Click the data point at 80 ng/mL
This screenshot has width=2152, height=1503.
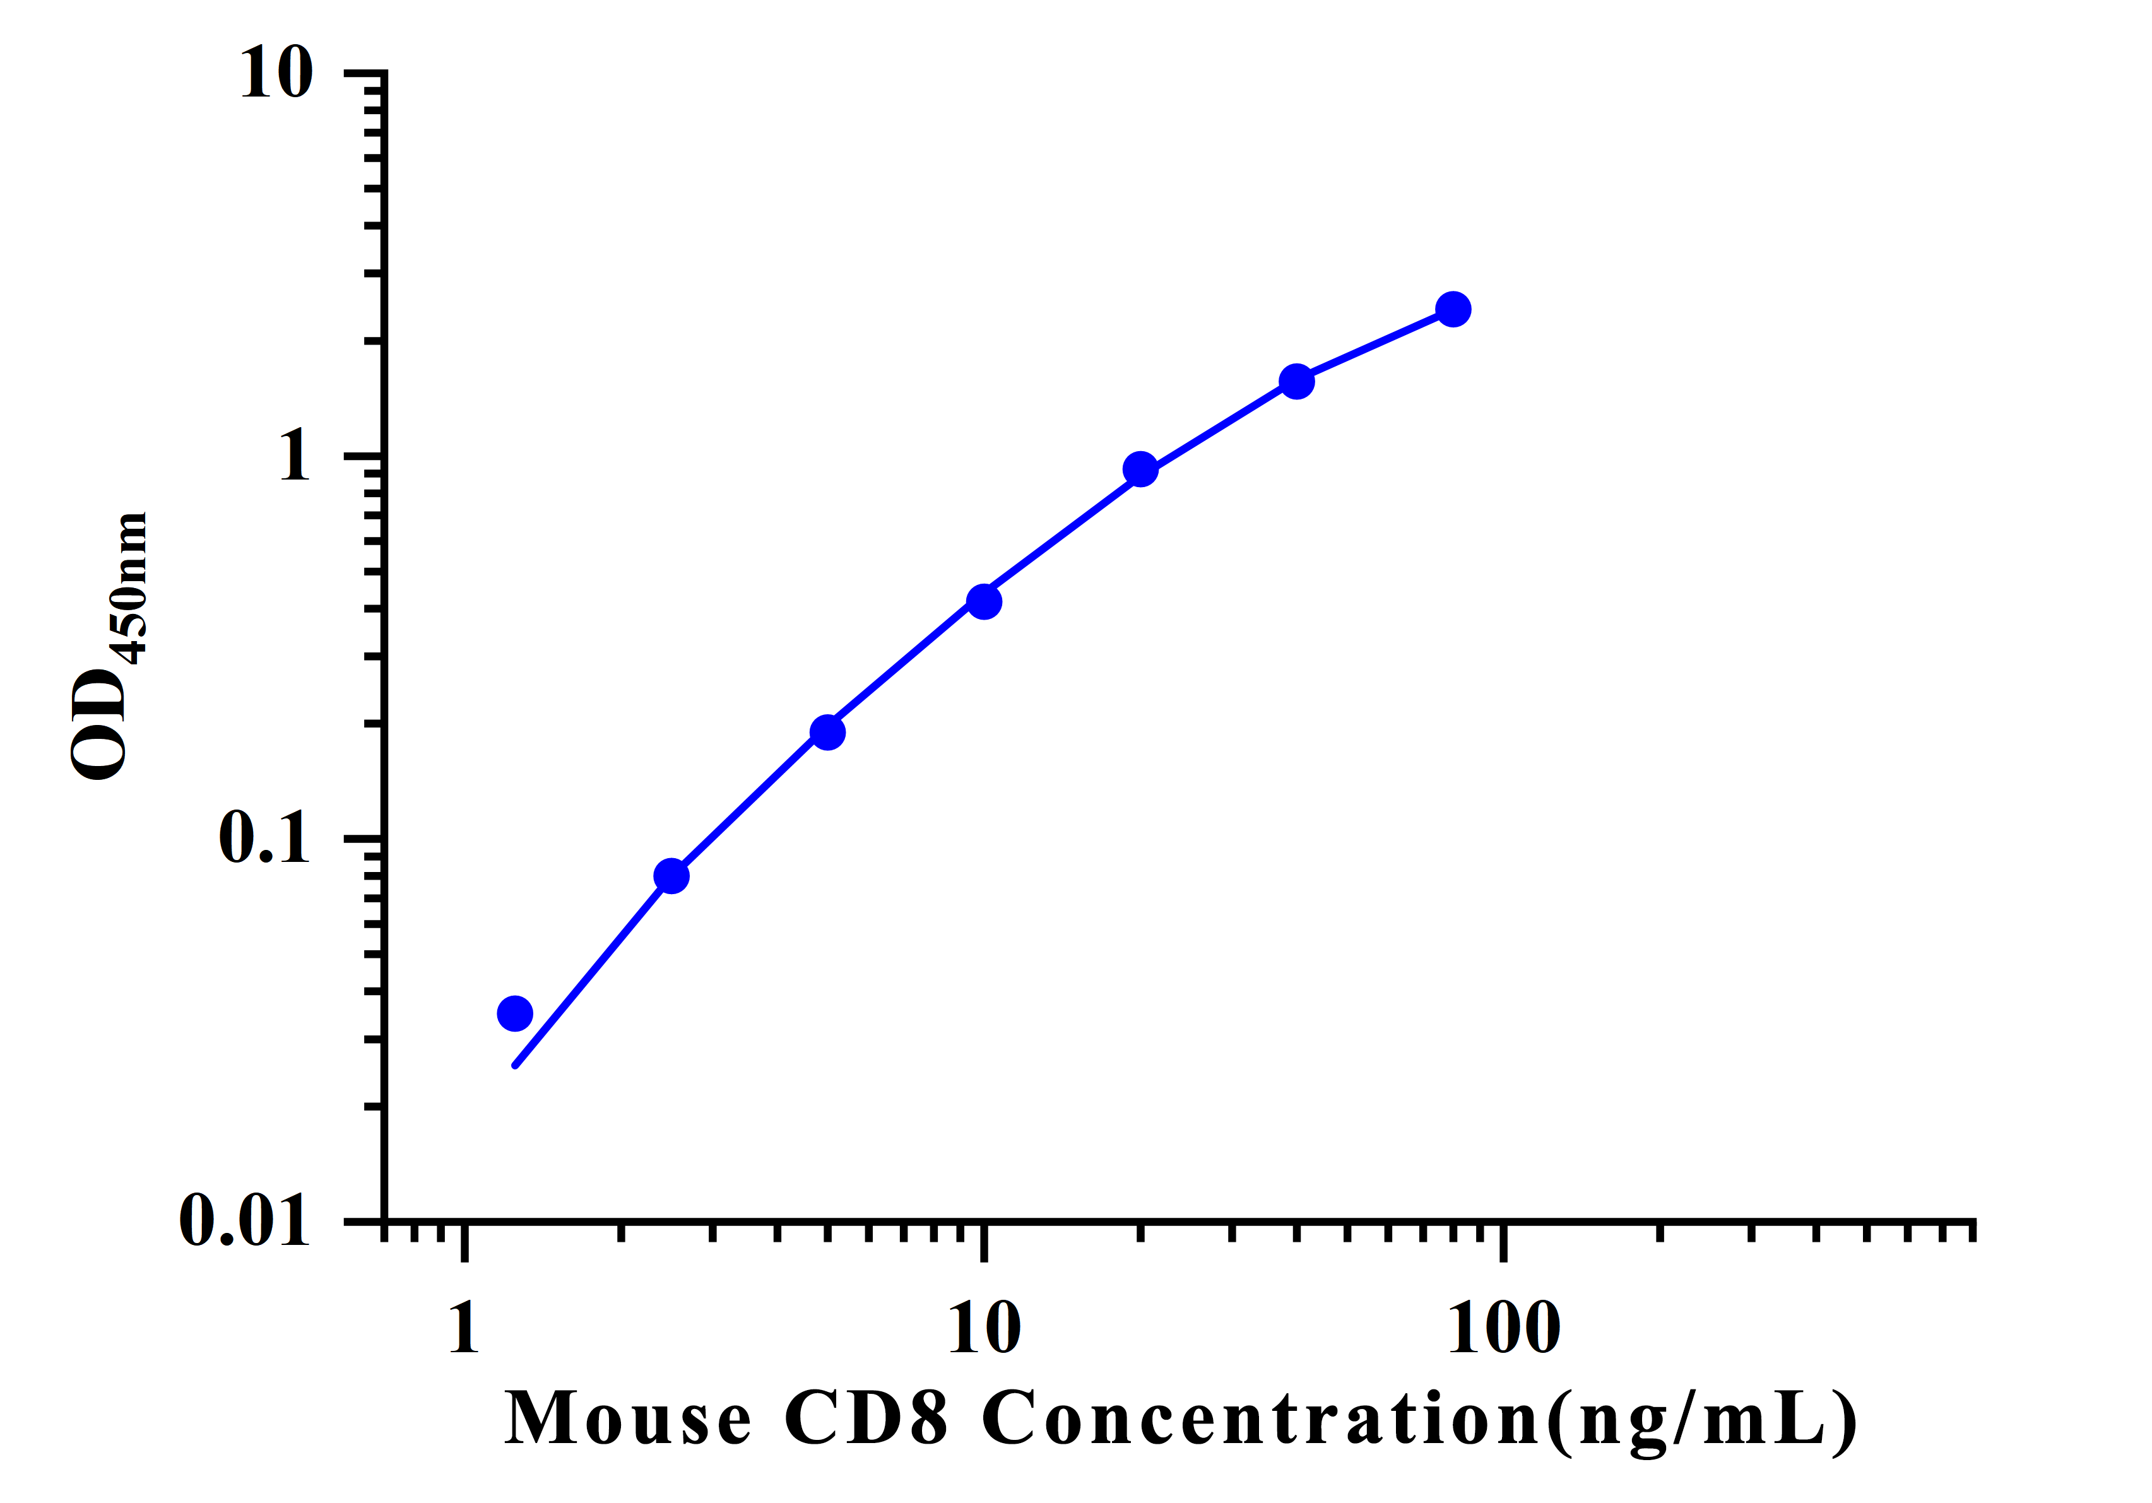click(x=1453, y=309)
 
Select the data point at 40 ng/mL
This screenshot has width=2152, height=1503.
click(x=1296, y=381)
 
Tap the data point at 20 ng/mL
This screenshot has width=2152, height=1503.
click(x=1140, y=469)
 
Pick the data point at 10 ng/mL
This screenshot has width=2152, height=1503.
click(x=983, y=601)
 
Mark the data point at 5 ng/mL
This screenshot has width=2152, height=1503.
click(x=827, y=732)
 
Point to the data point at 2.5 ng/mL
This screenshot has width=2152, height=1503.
click(x=671, y=876)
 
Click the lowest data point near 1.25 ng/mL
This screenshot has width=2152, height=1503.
click(x=514, y=1013)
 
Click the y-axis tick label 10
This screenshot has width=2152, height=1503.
click(x=276, y=73)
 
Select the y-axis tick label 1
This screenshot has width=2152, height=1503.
click(x=294, y=457)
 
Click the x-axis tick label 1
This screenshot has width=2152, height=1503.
click(x=464, y=1329)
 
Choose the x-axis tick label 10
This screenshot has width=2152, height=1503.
click(x=983, y=1329)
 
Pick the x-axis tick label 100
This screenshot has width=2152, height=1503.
click(x=1503, y=1329)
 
